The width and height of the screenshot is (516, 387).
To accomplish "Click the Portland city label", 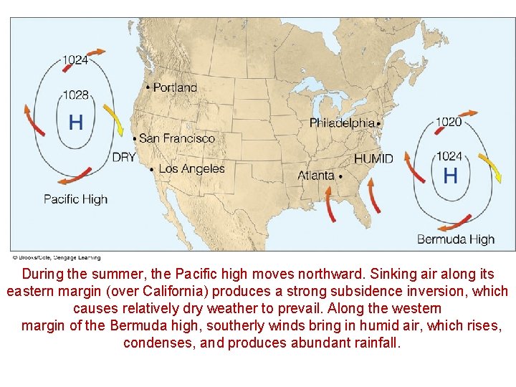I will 176,87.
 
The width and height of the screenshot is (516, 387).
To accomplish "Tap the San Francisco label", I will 177,138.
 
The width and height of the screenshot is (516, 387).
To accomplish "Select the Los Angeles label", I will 191,169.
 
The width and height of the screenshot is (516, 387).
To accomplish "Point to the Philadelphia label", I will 342,123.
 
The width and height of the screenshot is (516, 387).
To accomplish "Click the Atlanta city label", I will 316,176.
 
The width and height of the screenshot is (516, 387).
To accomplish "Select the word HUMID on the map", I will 373,158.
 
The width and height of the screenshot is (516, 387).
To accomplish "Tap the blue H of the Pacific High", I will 75,123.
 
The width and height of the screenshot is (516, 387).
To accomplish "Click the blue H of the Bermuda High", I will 450,175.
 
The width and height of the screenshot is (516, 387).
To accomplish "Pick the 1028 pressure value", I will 75,95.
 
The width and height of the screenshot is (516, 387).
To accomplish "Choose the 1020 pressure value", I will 448,122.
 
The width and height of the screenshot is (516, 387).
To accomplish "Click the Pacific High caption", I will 75,199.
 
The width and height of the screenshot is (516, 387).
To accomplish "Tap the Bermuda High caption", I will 456,239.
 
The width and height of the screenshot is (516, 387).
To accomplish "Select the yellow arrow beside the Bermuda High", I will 489,168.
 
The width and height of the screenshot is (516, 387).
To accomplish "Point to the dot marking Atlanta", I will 340,176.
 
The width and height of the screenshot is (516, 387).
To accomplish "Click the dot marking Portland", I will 148,87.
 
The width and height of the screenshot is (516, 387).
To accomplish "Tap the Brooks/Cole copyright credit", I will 56,258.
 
